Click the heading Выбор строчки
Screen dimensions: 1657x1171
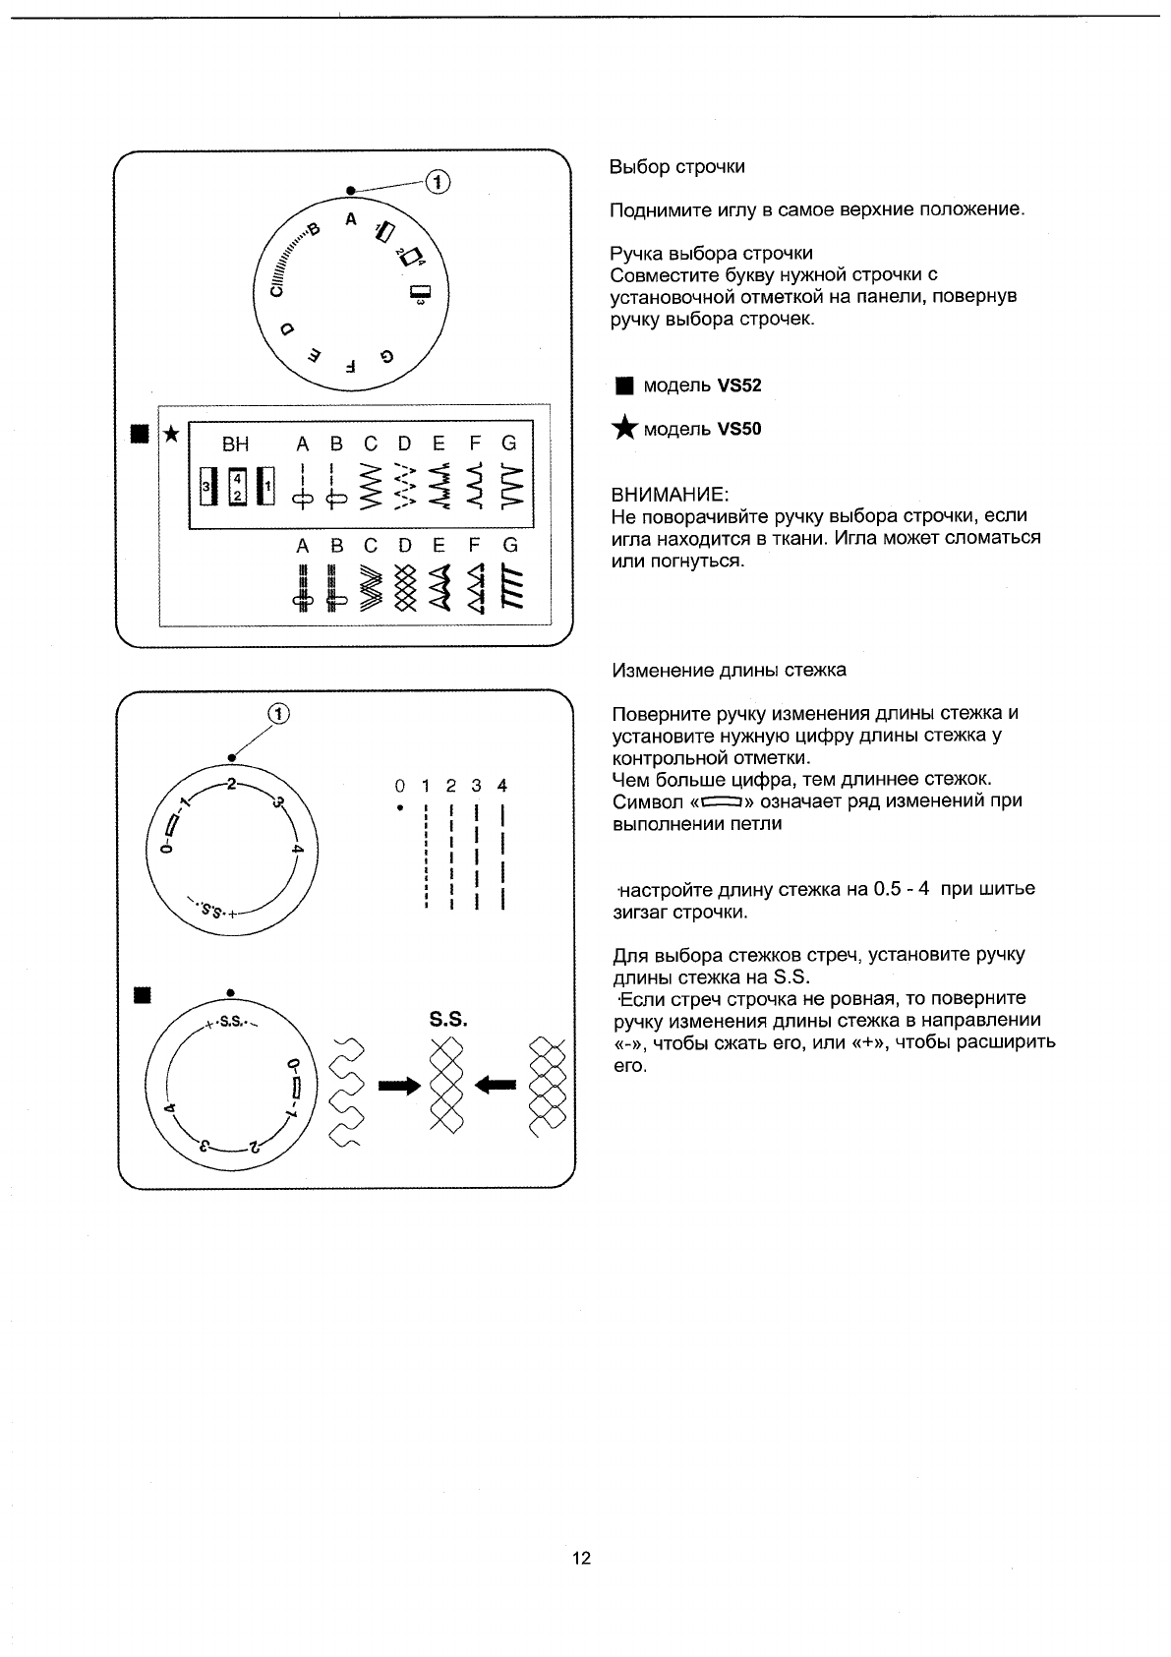(x=676, y=167)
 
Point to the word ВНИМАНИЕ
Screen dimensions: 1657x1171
(x=670, y=494)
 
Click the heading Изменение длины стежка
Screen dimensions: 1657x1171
(x=729, y=671)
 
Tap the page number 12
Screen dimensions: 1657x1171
(x=582, y=1558)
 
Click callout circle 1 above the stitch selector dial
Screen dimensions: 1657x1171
(x=438, y=182)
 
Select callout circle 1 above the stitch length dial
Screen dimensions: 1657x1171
(x=279, y=715)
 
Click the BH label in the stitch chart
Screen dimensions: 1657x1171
(x=236, y=444)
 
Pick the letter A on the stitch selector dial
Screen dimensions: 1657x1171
(x=350, y=219)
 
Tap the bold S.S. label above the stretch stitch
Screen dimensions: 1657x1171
(x=448, y=1020)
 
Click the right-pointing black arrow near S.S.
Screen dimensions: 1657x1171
(x=399, y=1085)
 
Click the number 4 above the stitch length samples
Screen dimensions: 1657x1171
(x=502, y=786)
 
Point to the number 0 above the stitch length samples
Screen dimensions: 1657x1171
(x=399, y=786)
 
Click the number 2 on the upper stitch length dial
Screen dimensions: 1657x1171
(x=230, y=784)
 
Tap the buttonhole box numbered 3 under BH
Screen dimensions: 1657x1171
(x=206, y=486)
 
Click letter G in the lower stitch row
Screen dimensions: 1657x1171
(x=510, y=545)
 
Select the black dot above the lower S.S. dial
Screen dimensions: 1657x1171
(x=230, y=992)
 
